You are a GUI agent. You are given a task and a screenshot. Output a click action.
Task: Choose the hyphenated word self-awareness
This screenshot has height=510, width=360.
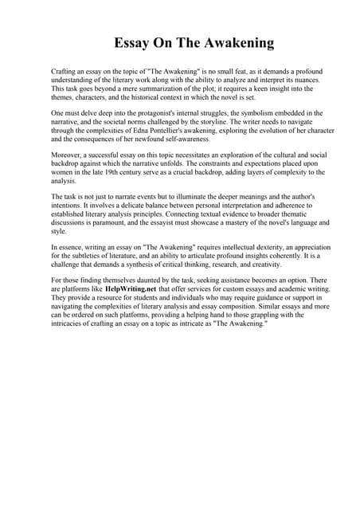pos(201,142)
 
